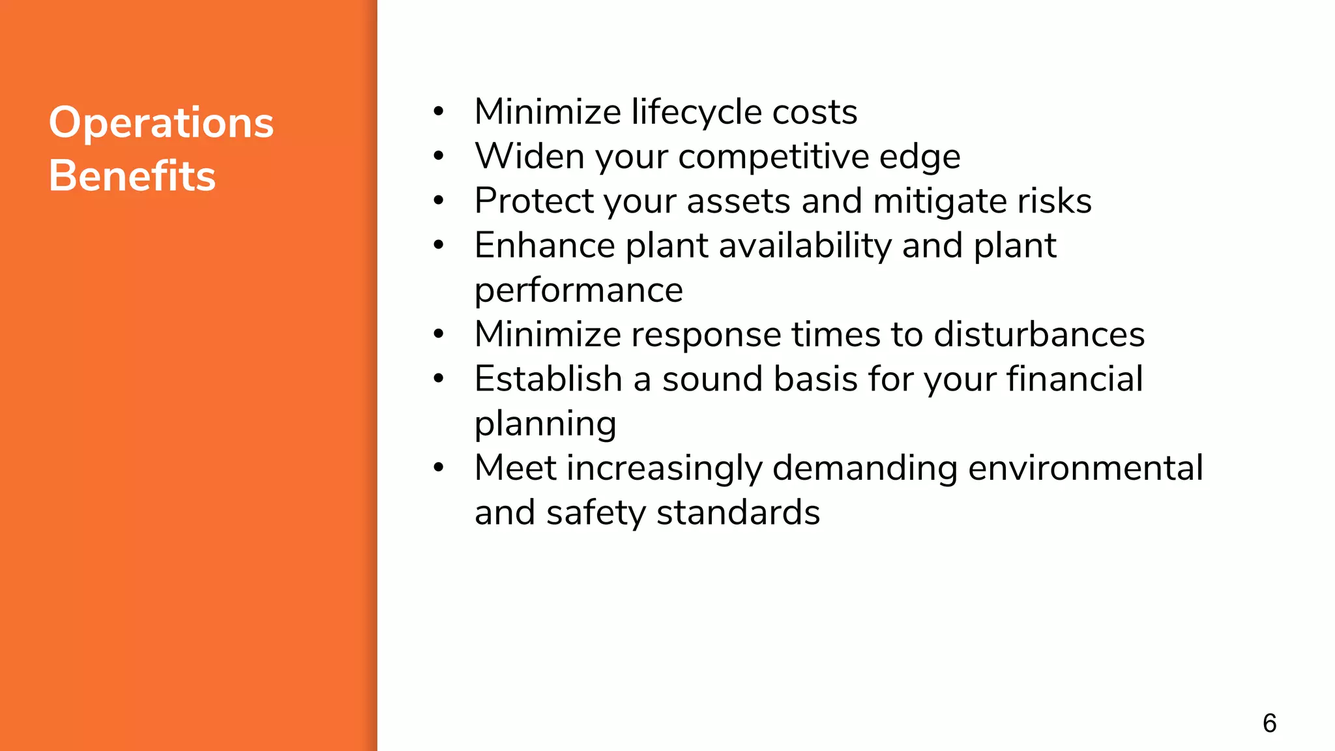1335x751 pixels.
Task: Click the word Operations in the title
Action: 161,123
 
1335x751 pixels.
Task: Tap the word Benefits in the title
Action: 132,176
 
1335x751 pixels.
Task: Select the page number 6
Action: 1269,723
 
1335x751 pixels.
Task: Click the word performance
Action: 578,290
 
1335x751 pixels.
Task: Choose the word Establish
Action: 548,379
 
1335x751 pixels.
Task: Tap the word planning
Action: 545,424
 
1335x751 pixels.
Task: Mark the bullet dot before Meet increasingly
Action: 439,468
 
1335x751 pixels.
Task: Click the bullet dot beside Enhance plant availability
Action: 439,246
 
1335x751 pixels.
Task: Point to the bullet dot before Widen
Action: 439,156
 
